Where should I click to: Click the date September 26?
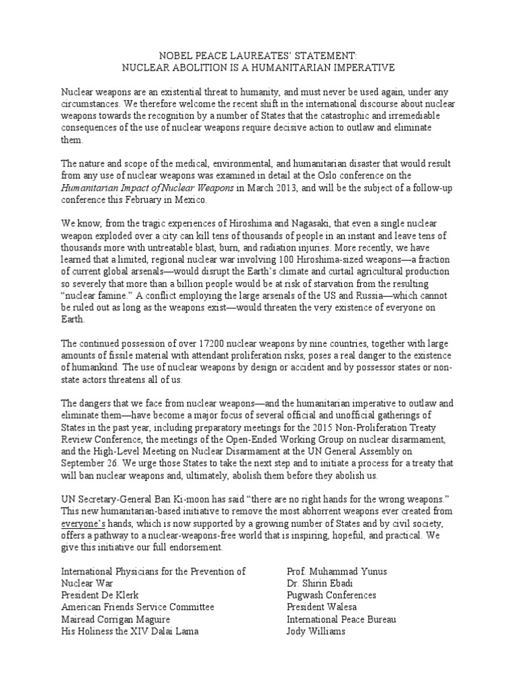[89, 463]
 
